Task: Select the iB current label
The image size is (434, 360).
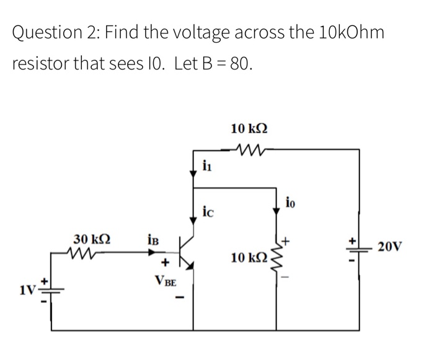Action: pyautogui.click(x=154, y=239)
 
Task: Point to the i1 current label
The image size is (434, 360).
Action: pyautogui.click(x=208, y=165)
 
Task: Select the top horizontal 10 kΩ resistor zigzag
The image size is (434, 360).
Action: pyautogui.click(x=249, y=149)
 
